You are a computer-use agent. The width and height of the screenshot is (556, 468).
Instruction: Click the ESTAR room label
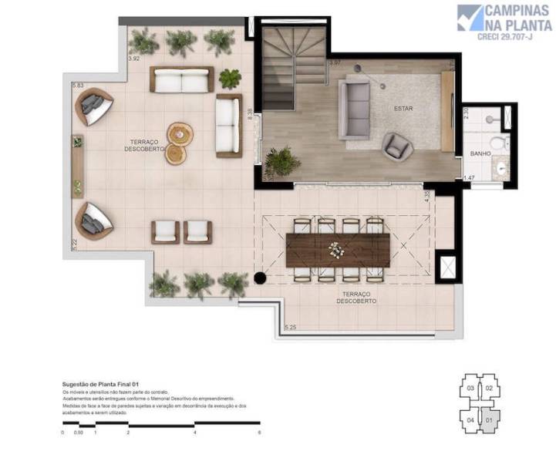click(403, 109)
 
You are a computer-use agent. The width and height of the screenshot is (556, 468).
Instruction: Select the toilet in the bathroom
click(498, 143)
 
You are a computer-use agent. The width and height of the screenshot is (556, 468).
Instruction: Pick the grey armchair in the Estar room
click(397, 145)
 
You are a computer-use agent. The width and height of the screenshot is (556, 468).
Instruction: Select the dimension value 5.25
click(291, 328)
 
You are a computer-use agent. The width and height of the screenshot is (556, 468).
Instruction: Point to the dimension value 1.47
click(468, 178)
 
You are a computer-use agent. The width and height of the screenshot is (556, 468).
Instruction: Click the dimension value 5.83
click(77, 86)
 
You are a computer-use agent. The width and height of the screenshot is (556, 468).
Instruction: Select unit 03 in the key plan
click(470, 388)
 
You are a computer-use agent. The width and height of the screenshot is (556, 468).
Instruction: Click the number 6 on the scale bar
click(260, 433)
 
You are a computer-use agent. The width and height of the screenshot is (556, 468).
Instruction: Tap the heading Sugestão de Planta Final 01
click(100, 384)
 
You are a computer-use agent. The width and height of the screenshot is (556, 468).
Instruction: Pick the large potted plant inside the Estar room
click(282, 161)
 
